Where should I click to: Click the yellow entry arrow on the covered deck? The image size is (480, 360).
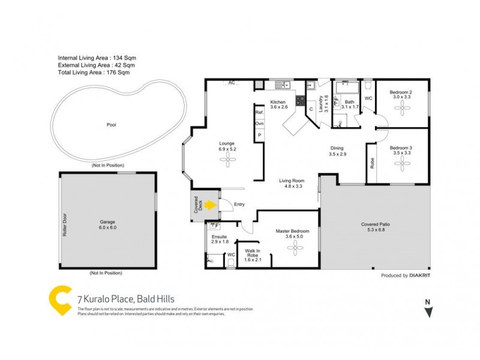[x=210, y=205]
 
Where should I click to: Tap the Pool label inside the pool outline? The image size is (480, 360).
[x=111, y=125]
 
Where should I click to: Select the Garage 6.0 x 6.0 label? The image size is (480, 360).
[x=107, y=225]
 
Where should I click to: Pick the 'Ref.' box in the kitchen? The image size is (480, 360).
[x=260, y=113]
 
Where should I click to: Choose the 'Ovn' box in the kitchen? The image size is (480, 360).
[x=260, y=124]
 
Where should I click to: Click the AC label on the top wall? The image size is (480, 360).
[x=231, y=83]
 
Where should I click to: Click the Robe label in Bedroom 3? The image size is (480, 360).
[x=372, y=162]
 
